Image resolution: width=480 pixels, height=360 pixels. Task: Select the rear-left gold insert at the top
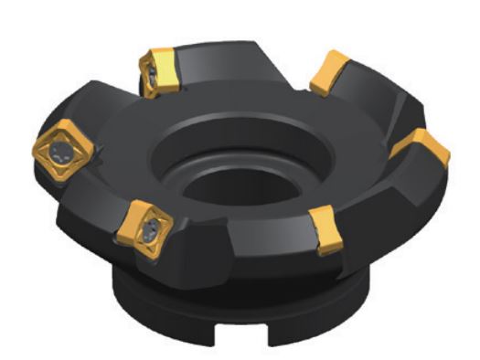tap(159, 69)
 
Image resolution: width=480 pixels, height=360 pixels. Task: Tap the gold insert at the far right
tap(421, 146)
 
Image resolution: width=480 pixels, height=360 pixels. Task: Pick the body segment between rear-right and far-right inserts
tap(384, 101)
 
